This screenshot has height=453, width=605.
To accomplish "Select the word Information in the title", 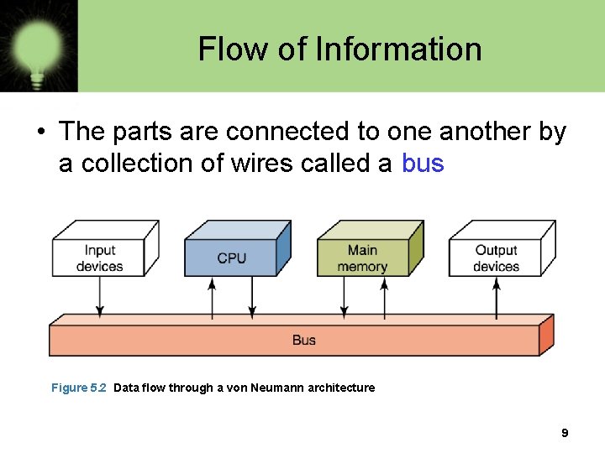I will (x=398, y=49).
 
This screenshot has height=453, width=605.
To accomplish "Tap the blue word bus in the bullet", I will (x=423, y=163).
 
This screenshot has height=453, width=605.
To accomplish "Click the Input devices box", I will (x=100, y=258).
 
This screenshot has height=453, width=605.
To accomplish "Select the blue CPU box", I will (x=231, y=258).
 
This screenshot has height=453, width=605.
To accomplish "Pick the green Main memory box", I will (x=362, y=258).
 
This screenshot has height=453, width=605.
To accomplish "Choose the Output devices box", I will (x=496, y=258).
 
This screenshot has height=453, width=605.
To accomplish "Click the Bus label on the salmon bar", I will (x=304, y=340).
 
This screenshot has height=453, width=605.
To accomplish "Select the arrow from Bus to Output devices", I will (x=496, y=297).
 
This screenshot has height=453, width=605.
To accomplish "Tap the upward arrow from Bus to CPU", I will (x=212, y=297).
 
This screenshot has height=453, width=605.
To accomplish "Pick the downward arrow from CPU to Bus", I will (x=252, y=297).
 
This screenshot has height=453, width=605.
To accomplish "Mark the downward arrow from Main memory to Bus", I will (x=344, y=297).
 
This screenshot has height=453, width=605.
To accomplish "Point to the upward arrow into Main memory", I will (x=384, y=297).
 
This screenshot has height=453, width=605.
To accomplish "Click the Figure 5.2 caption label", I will (x=79, y=388).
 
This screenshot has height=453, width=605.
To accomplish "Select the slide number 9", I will (x=565, y=434).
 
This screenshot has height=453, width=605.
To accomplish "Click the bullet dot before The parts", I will (x=39, y=133).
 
